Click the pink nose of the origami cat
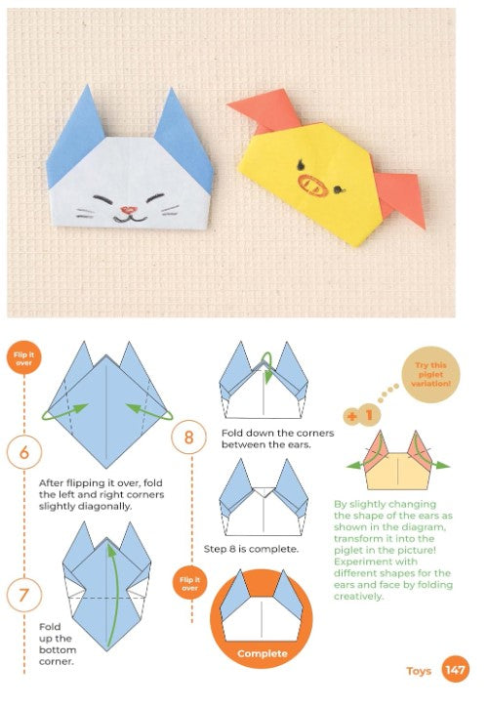(x=129, y=210)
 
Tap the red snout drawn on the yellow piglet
(x=312, y=187)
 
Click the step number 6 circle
(x=24, y=452)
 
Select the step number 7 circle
(x=24, y=595)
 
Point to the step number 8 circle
(x=188, y=437)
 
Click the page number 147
(x=455, y=670)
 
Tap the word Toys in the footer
(x=419, y=671)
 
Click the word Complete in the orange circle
(x=262, y=653)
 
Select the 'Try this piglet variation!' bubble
(x=430, y=375)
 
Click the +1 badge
(x=362, y=415)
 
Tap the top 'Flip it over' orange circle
(x=23, y=358)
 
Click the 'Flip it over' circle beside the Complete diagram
(x=189, y=583)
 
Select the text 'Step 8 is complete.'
(x=251, y=549)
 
